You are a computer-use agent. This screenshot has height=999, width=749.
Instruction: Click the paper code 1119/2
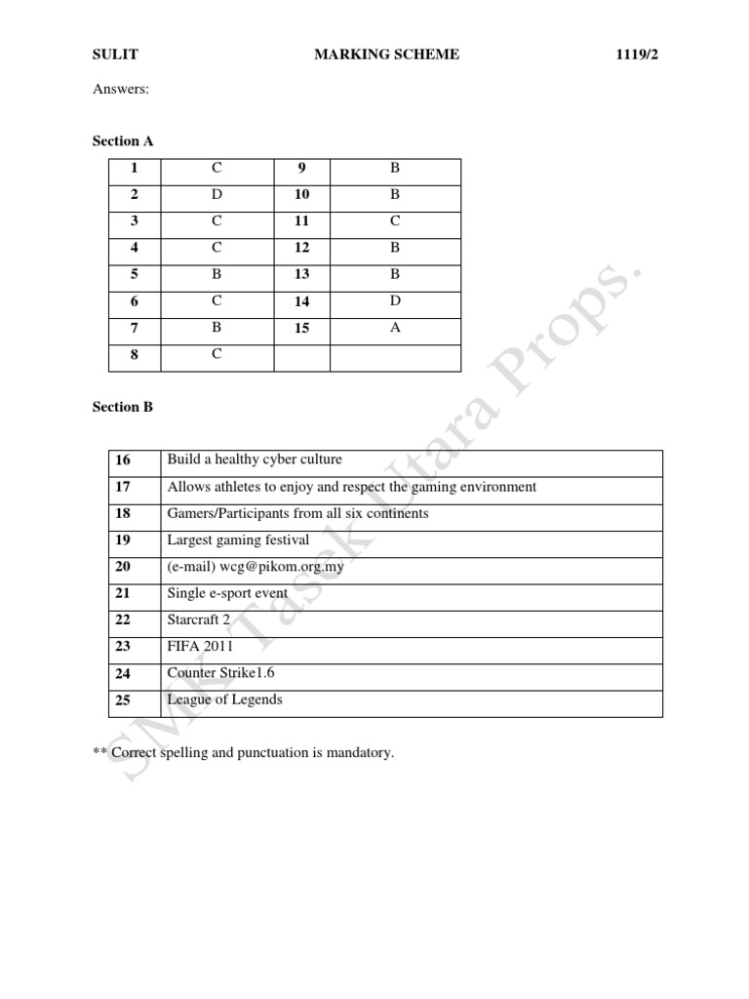pos(638,56)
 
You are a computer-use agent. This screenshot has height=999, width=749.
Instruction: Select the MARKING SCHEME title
pos(386,56)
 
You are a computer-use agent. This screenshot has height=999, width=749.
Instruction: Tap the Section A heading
pos(123,141)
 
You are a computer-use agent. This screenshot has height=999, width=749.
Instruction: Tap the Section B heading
pos(123,407)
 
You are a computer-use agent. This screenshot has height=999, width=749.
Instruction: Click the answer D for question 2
pos(217,194)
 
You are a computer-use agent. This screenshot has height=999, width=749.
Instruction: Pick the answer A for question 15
pos(395,328)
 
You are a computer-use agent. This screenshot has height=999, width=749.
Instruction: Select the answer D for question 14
pos(395,301)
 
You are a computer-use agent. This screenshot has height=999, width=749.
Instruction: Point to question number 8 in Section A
pos(134,355)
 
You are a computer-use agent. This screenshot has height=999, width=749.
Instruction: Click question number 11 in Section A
pos(301,221)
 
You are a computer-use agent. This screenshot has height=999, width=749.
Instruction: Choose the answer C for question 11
pos(395,221)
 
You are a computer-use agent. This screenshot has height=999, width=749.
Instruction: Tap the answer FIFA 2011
pos(201,646)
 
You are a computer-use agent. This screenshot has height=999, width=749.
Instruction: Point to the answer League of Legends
pos(225,699)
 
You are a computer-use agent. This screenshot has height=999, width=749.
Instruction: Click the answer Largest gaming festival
pos(238,539)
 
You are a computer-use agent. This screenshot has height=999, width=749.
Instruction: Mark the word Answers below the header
pos(121,90)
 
